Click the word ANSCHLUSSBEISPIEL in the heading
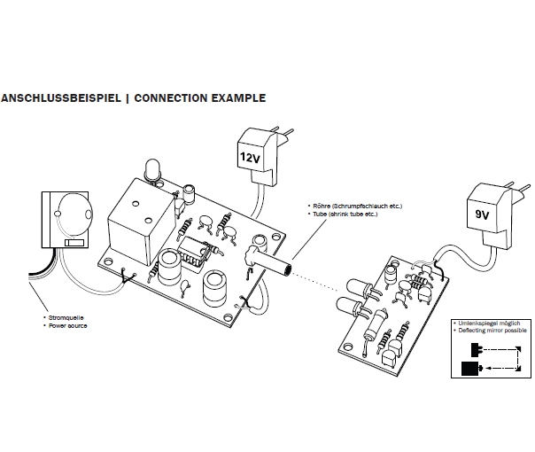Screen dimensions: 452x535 59,98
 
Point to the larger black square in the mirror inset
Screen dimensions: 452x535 467,366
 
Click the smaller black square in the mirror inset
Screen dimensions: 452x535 469,347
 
